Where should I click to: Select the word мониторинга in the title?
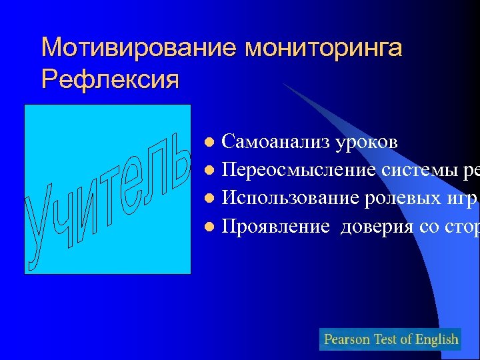point(324,48)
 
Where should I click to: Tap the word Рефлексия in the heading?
point(110,79)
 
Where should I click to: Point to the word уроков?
point(367,142)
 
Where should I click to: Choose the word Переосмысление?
point(299,170)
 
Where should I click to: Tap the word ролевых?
point(407,198)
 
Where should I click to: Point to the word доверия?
point(377,227)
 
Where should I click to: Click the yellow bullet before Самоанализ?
point(209,143)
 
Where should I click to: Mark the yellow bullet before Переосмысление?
point(209,171)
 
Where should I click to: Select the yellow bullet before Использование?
point(209,199)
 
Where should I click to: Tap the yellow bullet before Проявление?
point(209,227)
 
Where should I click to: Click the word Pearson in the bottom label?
point(347,339)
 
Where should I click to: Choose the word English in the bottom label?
point(437,339)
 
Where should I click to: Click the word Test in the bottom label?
point(386,339)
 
